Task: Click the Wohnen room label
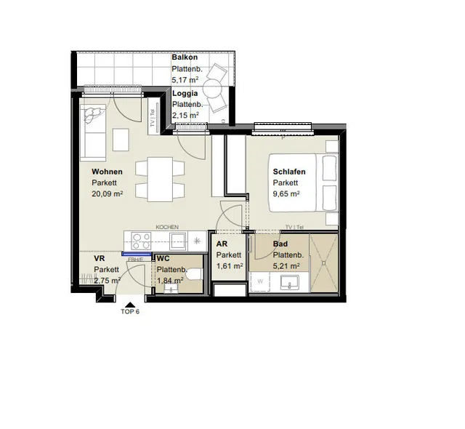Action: [107, 172]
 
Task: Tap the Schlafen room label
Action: [289, 172]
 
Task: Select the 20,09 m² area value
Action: [108, 193]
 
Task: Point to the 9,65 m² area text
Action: [286, 193]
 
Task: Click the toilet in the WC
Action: [195, 274]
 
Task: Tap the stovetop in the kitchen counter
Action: [141, 241]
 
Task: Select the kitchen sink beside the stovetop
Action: [177, 241]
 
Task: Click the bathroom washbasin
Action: [289, 282]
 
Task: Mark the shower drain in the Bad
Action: [324, 263]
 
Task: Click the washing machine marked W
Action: [260, 281]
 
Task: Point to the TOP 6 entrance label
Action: [130, 311]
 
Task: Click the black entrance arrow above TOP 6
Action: [130, 305]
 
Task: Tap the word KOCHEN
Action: [167, 227]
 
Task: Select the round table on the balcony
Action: [212, 88]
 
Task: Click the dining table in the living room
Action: [160, 180]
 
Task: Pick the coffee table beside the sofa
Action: [121, 140]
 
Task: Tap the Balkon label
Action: [185, 57]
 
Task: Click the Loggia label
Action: [185, 93]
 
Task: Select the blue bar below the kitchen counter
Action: [137, 254]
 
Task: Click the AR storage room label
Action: [222, 244]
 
